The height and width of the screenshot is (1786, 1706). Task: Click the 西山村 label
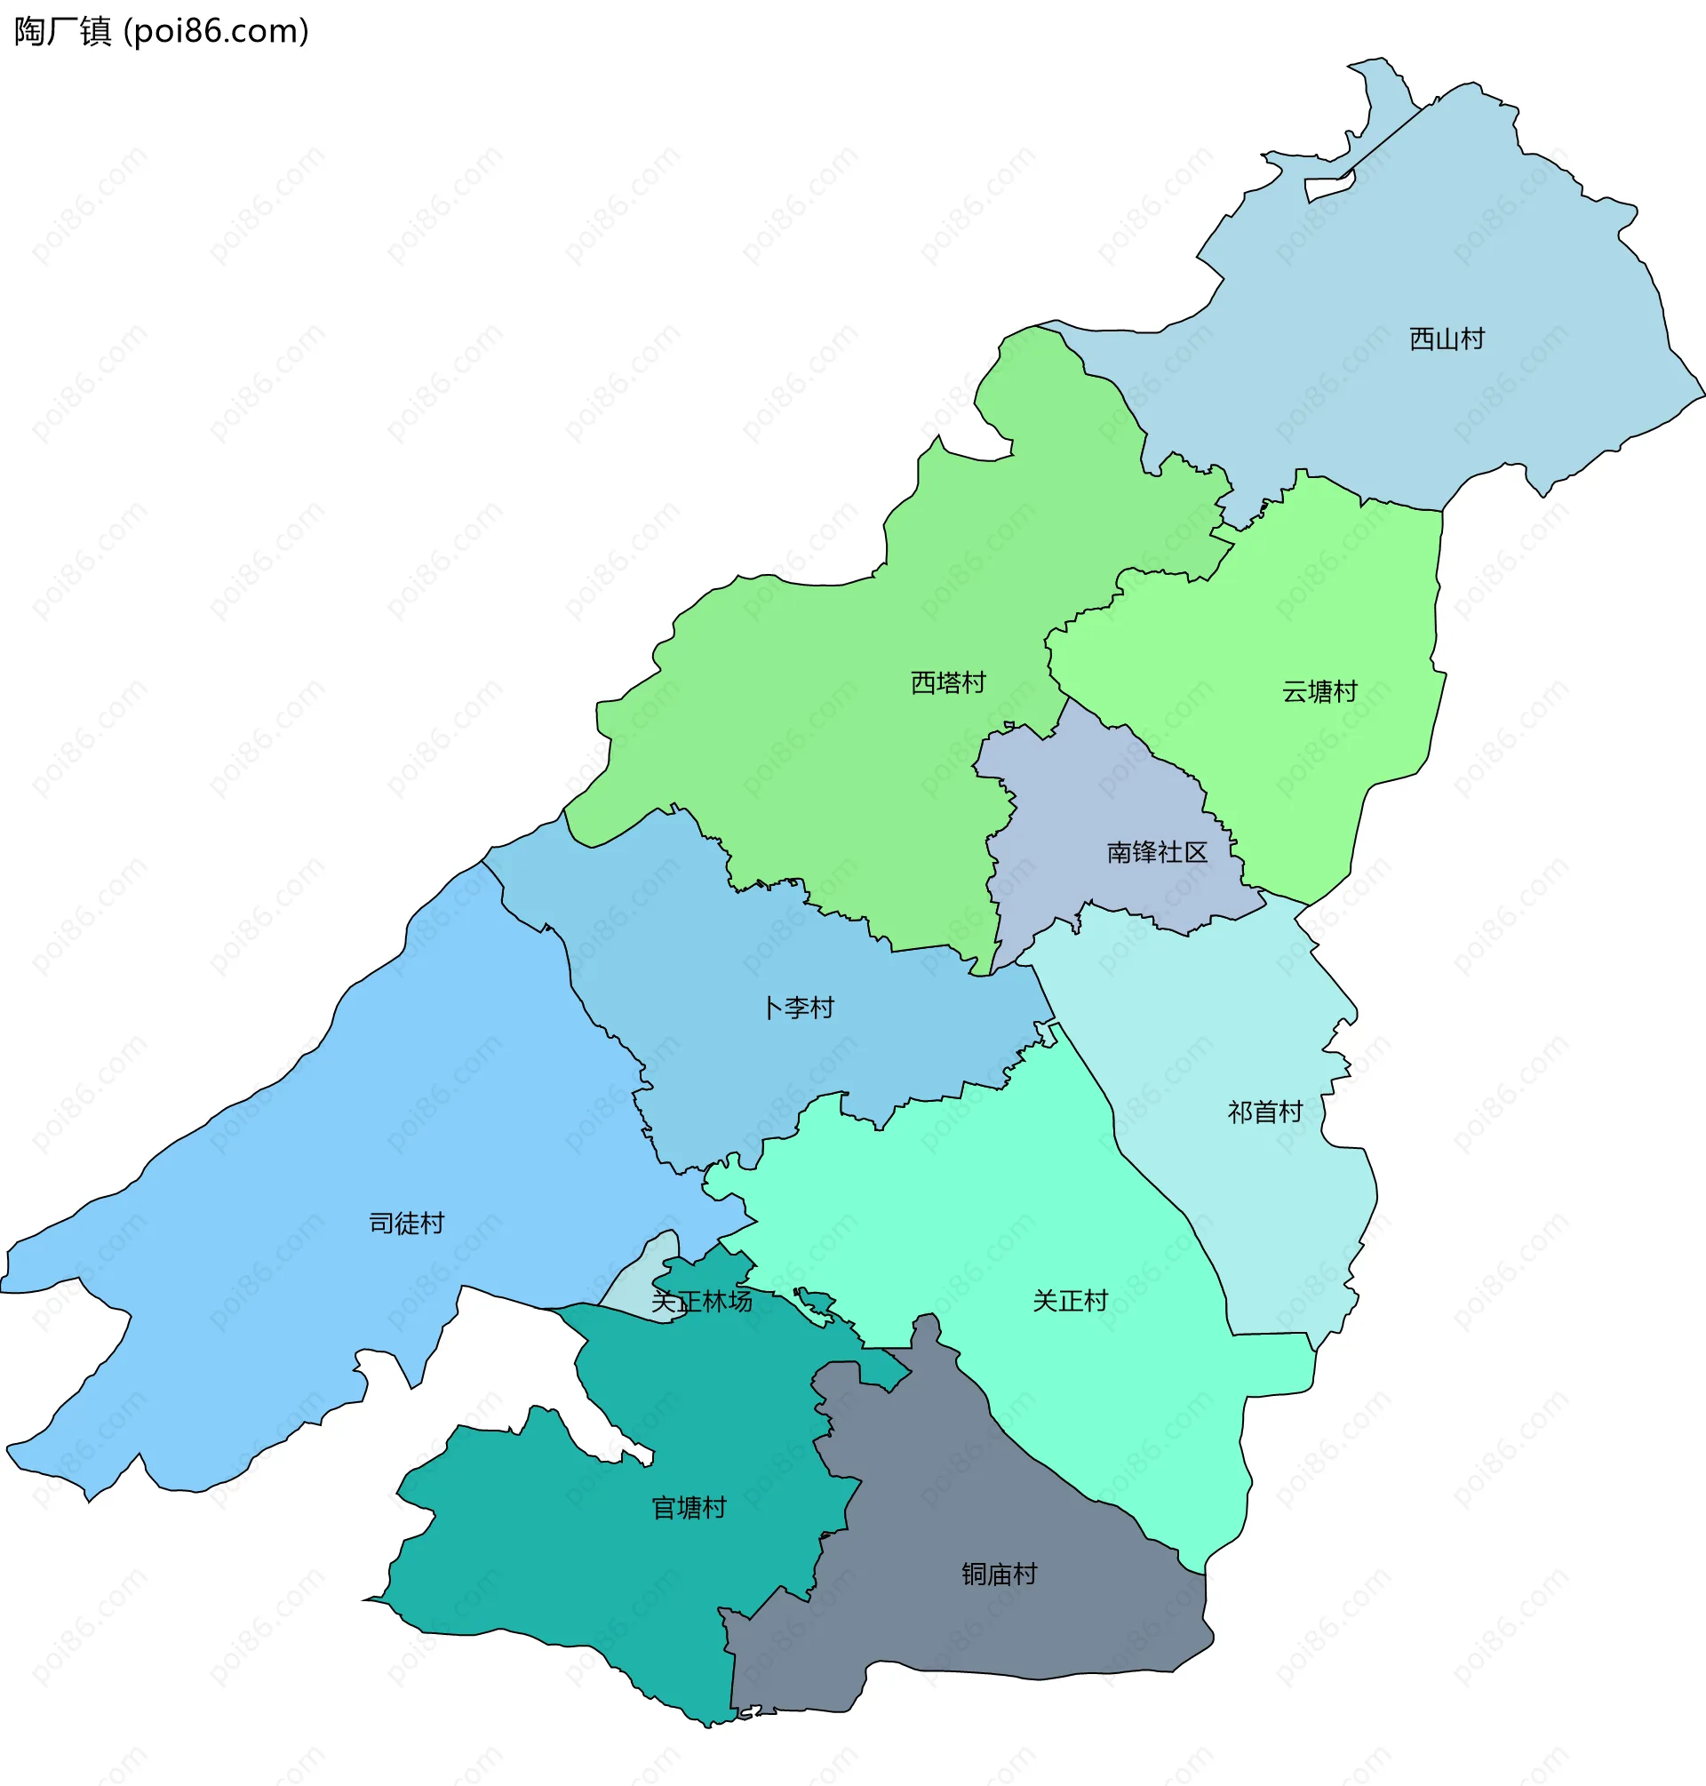click(1446, 339)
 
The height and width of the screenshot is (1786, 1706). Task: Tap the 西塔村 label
click(947, 682)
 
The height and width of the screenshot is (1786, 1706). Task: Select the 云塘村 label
click(1319, 692)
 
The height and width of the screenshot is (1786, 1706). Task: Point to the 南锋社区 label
click(1156, 852)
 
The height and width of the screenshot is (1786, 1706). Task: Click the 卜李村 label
click(798, 1008)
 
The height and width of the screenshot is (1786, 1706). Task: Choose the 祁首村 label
click(1264, 1112)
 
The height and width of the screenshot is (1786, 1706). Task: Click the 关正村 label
click(1070, 1300)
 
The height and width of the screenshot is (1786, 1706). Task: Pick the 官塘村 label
click(689, 1508)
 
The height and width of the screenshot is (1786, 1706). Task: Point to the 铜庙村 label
click(999, 1575)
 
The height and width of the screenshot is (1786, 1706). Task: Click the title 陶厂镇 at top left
click(62, 32)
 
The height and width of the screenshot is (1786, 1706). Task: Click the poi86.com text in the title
click(217, 32)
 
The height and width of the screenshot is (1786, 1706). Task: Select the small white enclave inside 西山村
click(1327, 189)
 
